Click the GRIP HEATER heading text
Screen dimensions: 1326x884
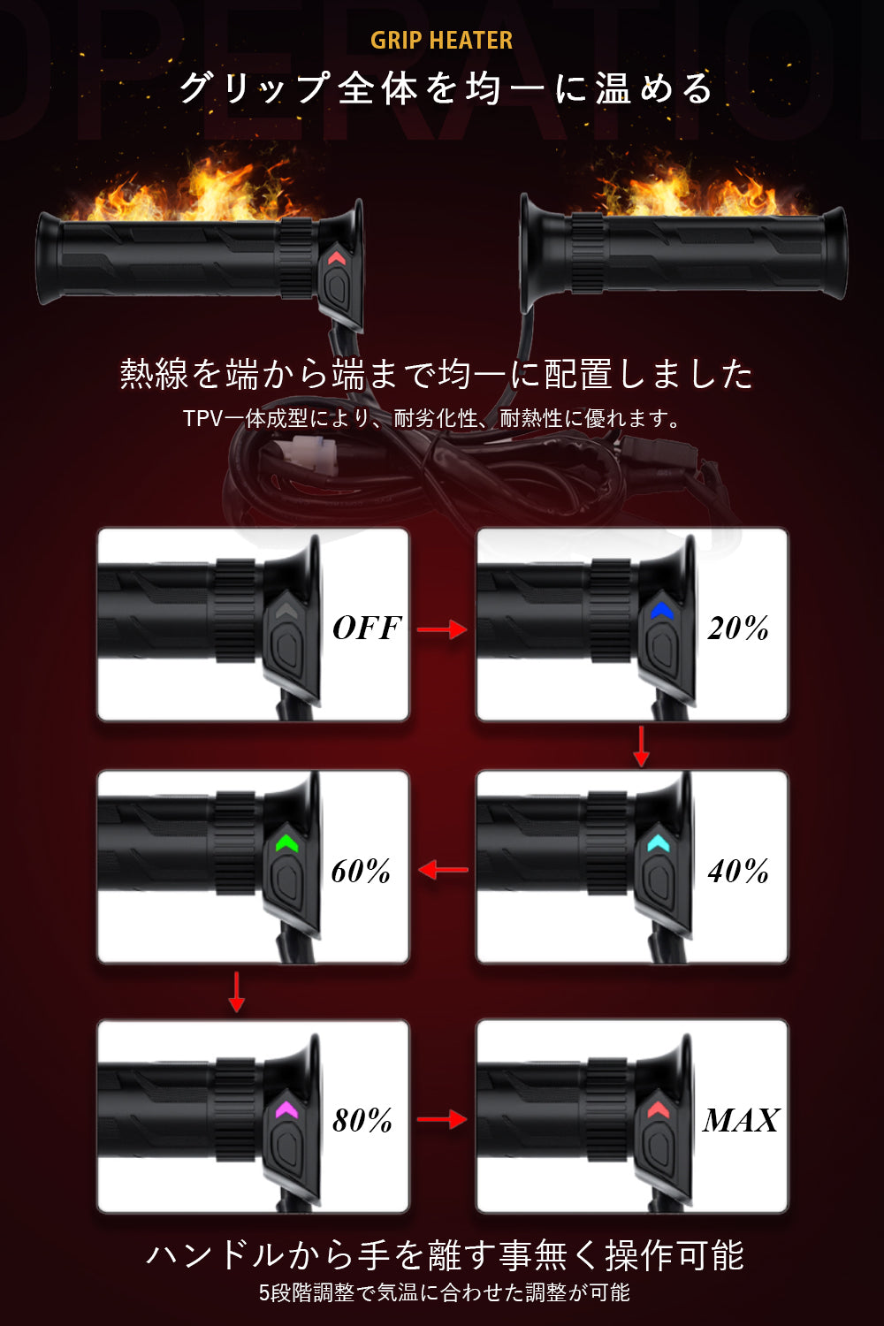441,41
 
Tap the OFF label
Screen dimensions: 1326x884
367,629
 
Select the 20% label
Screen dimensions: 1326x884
738,629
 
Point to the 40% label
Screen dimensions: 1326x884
738,872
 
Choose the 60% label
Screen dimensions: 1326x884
361,872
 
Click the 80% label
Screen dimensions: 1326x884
362,1121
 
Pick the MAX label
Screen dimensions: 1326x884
741,1121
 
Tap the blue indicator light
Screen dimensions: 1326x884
662,611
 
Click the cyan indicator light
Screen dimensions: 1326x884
659,843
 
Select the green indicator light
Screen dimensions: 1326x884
286,843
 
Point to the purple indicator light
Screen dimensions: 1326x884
286,1109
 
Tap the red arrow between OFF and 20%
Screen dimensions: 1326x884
442,629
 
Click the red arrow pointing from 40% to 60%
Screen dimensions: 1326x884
443,870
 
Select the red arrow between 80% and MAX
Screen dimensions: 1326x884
442,1119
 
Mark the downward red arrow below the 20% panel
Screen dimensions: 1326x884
642,747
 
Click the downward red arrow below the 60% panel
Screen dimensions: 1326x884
236,992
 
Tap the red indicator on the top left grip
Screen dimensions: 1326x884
336,258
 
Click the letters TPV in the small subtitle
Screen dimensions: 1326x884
202,418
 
